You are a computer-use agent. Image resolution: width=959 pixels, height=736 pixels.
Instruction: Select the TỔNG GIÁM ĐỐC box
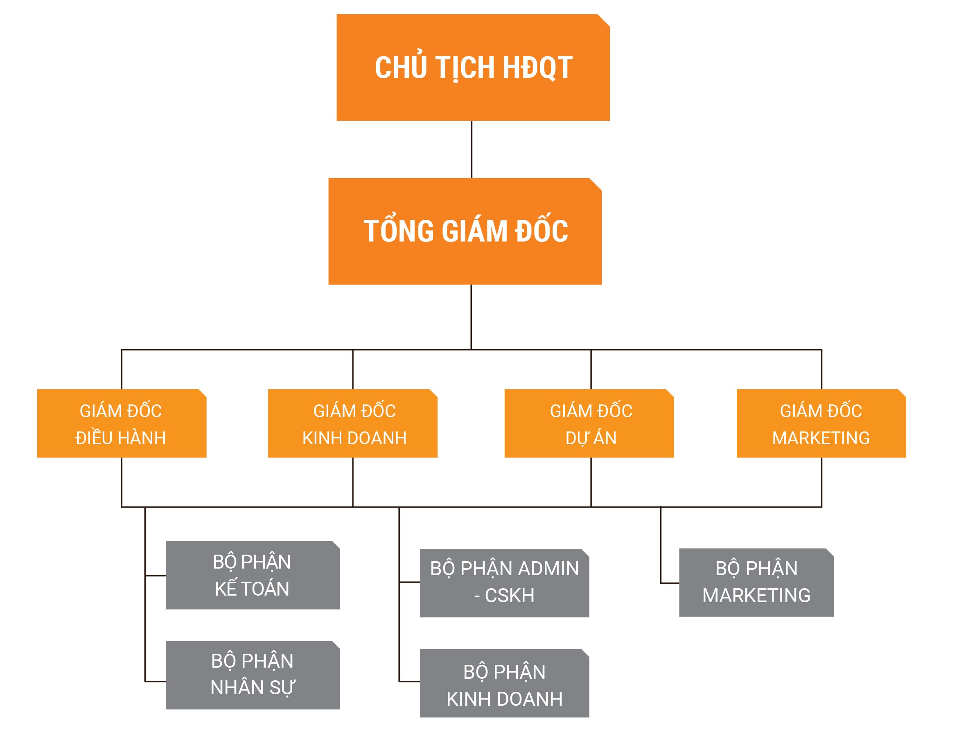click(x=465, y=231)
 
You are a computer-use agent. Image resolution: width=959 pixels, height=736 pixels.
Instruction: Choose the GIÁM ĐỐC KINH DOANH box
click(x=352, y=423)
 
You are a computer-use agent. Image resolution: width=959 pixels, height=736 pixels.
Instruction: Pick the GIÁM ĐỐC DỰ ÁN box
click(x=589, y=423)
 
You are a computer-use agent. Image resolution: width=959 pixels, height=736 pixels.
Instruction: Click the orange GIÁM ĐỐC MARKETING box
click(x=821, y=423)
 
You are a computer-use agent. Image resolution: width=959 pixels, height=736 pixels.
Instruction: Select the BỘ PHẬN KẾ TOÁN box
click(x=253, y=575)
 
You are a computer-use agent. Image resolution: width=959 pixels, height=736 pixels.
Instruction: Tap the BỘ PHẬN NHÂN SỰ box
click(x=253, y=675)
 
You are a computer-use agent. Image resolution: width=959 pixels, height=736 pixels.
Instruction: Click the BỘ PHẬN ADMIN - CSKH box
click(x=504, y=582)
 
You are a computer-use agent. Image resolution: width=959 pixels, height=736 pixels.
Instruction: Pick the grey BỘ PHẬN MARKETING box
click(x=756, y=582)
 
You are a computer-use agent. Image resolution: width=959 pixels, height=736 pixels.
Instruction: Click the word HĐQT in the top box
click(x=537, y=68)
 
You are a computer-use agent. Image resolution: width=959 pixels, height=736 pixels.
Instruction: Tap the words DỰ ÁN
click(x=591, y=438)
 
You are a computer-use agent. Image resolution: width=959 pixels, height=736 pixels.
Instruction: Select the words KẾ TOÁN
click(x=252, y=588)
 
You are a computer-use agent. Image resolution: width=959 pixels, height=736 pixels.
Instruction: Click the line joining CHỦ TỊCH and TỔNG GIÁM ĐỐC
click(x=472, y=149)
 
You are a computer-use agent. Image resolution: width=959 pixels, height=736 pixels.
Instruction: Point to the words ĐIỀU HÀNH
click(x=120, y=438)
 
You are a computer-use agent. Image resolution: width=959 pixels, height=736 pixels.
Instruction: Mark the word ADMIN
click(x=548, y=569)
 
